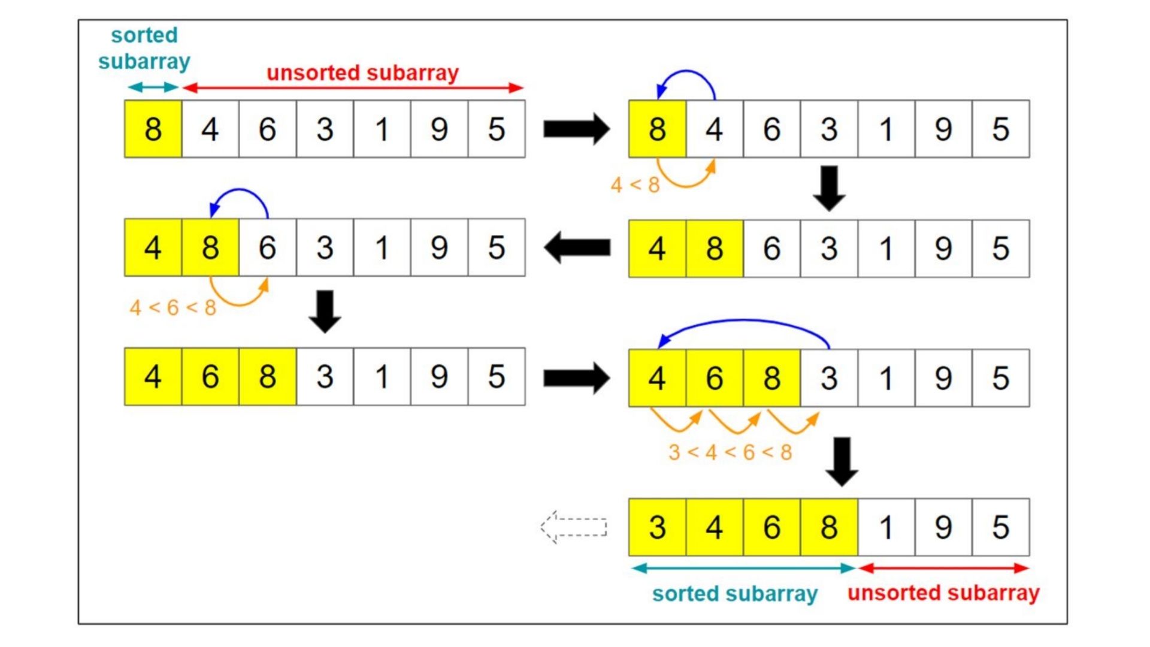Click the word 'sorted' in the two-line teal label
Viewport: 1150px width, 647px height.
[144, 35]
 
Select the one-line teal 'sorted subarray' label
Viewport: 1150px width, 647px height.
[734, 594]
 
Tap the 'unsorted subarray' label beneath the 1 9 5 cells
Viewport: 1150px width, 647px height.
[943, 593]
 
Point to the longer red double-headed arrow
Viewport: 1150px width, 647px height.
[353, 88]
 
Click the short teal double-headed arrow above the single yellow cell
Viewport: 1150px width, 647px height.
[153, 87]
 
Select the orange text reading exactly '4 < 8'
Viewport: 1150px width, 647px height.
[635, 185]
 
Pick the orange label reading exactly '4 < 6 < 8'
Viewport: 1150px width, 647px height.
[172, 308]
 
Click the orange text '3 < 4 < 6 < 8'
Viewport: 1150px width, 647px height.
[730, 452]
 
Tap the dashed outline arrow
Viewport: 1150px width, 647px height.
[574, 527]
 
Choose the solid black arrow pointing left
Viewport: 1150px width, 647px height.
[577, 248]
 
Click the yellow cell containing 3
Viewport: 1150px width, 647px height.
[657, 527]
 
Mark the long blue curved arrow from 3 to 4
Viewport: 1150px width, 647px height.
[743, 324]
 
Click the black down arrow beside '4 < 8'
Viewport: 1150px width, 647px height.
[829, 188]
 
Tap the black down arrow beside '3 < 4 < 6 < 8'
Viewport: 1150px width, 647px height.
[842, 461]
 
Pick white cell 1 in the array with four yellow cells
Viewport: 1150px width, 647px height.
[886, 527]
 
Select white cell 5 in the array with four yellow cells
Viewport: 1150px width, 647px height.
[1000, 527]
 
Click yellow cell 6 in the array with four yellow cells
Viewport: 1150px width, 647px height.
[771, 527]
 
